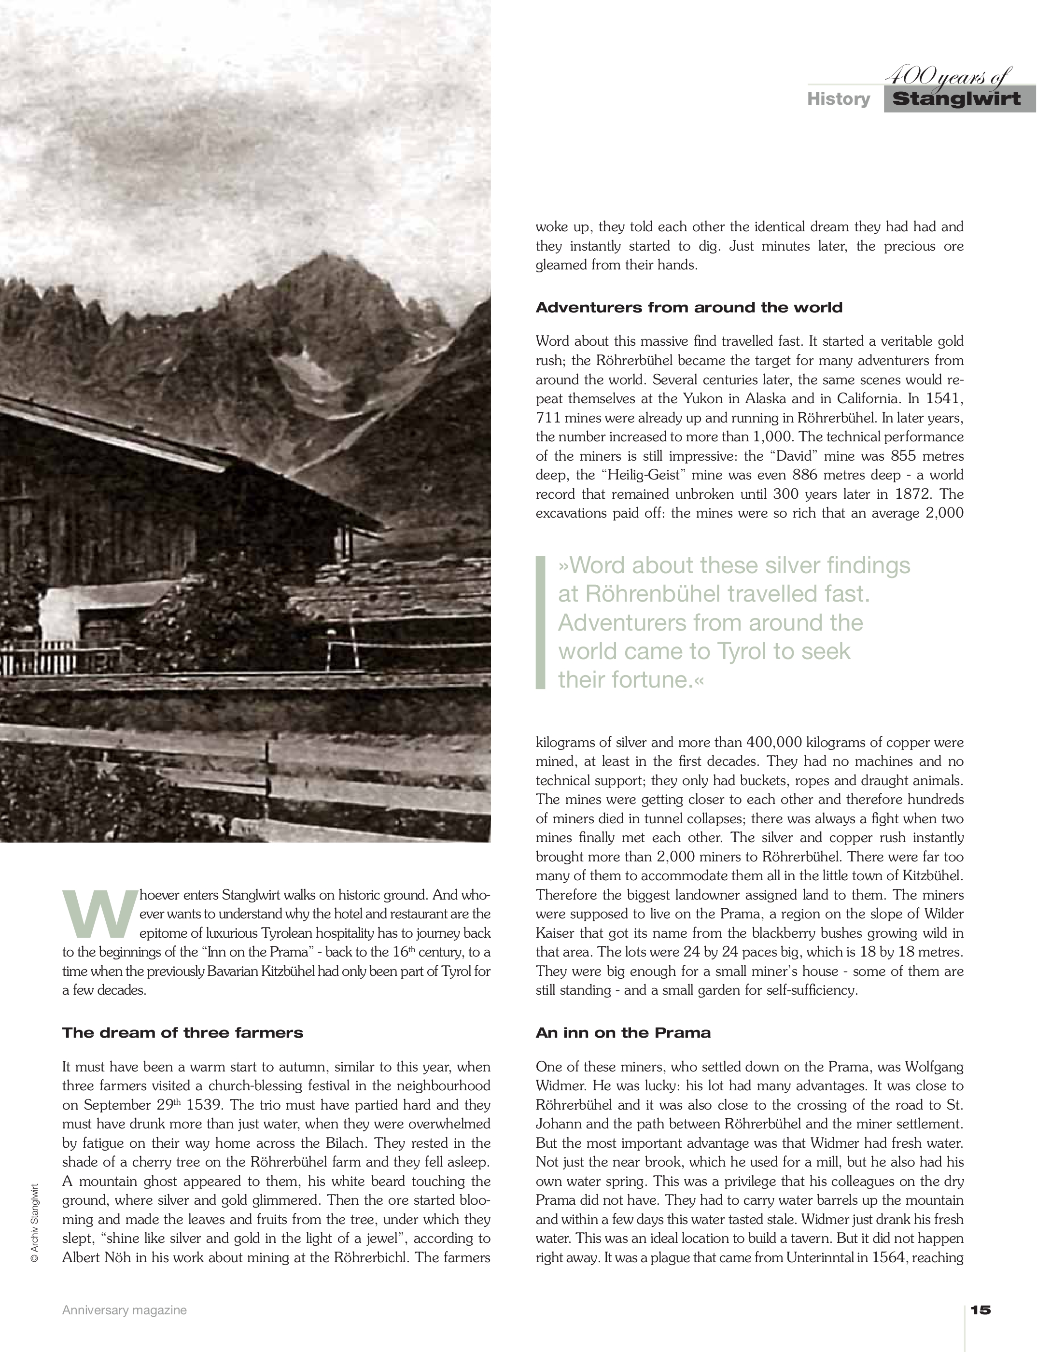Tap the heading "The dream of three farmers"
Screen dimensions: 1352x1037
[x=182, y=1033]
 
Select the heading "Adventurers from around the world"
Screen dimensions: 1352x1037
[x=689, y=308]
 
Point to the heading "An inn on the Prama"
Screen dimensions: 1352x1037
[x=623, y=1033]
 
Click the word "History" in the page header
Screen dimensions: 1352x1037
[x=838, y=99]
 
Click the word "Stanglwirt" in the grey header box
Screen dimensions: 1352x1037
[x=956, y=99]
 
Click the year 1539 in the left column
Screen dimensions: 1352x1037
[x=208, y=1105]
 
